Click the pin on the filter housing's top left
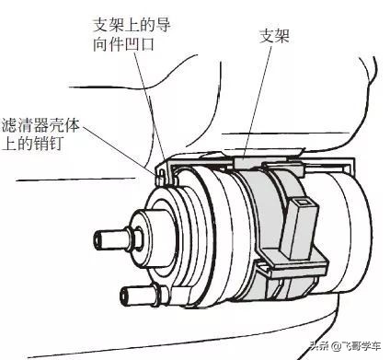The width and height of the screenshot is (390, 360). [x=162, y=176]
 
